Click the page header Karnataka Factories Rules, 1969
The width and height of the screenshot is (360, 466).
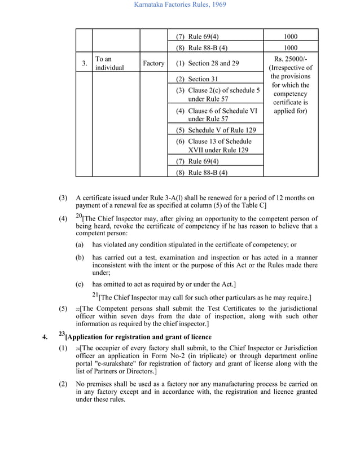(179, 6)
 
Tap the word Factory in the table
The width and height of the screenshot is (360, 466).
(153, 64)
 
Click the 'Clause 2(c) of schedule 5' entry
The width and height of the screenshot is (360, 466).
(218, 90)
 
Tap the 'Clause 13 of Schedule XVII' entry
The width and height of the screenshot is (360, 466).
(214, 141)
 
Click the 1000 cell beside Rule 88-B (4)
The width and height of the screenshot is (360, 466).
(290, 49)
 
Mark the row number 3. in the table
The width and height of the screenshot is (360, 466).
(84, 64)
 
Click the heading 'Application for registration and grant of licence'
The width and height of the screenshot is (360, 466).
(139, 337)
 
